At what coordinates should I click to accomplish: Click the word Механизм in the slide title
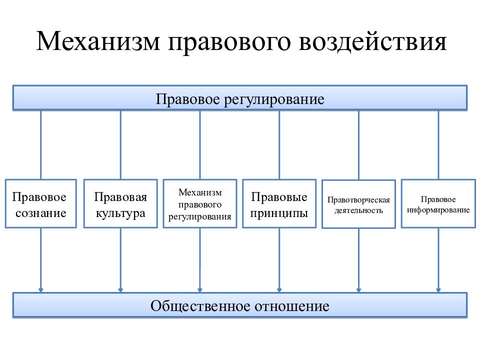(98, 41)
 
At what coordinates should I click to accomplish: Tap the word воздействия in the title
(372, 41)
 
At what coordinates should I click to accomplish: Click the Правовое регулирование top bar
(240, 98)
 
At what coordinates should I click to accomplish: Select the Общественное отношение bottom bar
(240, 305)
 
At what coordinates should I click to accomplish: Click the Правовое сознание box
(40, 203)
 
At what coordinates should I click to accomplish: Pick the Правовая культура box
(120, 203)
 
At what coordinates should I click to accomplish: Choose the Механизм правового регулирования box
(200, 203)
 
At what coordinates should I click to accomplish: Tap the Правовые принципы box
(279, 203)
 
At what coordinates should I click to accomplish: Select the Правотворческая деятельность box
(359, 204)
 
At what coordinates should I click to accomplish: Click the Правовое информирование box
(438, 203)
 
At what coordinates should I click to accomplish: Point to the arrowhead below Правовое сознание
(40, 289)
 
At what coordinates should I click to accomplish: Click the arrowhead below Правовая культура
(120, 289)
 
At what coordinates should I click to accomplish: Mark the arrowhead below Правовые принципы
(279, 289)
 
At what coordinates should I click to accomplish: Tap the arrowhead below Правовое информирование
(438, 289)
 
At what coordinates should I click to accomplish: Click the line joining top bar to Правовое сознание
(40, 145)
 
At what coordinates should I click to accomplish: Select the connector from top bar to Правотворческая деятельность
(359, 145)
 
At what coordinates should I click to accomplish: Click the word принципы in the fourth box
(279, 213)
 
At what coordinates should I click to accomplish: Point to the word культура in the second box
(120, 213)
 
